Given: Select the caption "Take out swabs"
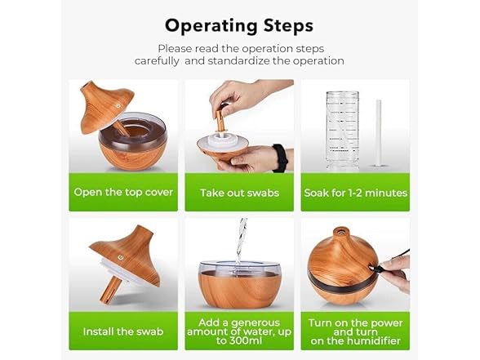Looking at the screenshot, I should pos(239,193).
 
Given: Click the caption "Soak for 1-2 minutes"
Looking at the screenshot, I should pos(355,193).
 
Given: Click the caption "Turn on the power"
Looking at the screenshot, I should pos(355,322).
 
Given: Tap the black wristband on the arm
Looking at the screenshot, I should pos(280,157).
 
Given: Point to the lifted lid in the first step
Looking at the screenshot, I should pos(106,106).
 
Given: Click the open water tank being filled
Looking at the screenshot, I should pos(239,282).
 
